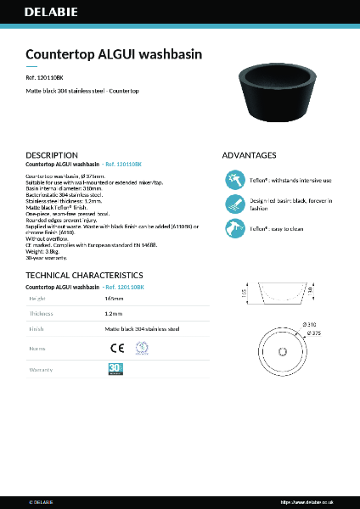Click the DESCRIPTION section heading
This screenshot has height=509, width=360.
pos(53,155)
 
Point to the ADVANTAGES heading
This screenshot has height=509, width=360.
pos(249,155)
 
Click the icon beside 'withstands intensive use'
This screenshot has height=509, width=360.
pos(235,180)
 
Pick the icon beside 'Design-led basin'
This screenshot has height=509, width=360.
pos(235,204)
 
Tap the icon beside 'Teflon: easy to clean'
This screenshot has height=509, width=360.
pos(235,228)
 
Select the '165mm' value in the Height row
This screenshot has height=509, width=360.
pos(114,299)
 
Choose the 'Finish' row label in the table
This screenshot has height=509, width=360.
pos(37,328)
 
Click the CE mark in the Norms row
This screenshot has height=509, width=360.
pos(117,347)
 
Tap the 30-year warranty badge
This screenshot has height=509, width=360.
pos(116,369)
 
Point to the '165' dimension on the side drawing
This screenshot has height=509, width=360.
pos(245,293)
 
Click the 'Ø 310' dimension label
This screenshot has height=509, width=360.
pos(310,325)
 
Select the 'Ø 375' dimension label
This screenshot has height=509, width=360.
pos(312,333)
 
